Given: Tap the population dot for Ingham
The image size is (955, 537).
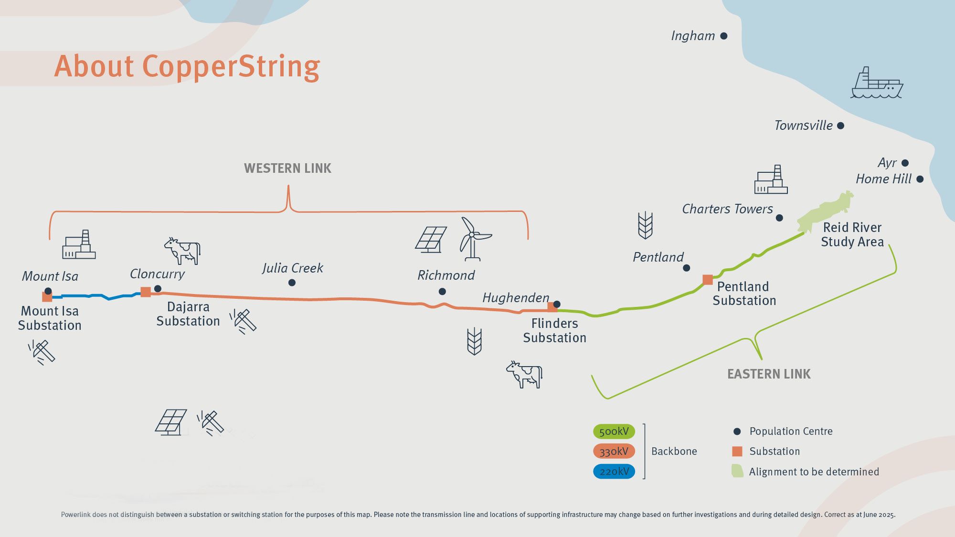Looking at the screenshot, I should pyautogui.click(x=723, y=36).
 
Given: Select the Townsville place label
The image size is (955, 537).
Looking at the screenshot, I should pyautogui.click(x=803, y=126).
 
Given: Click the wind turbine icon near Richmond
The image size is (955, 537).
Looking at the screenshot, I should pyautogui.click(x=473, y=239).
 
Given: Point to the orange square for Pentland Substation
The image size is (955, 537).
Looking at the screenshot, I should pyautogui.click(x=708, y=280).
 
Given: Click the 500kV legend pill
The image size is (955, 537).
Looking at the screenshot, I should pyautogui.click(x=614, y=432).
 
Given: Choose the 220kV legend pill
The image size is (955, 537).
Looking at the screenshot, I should pyautogui.click(x=614, y=472).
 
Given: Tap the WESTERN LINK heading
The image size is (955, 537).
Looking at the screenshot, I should pyautogui.click(x=287, y=168).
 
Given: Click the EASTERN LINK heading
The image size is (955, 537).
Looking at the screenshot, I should pyautogui.click(x=769, y=374).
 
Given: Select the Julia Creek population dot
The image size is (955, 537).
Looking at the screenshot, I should pyautogui.click(x=292, y=283).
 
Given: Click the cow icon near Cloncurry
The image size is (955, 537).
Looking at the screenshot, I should pyautogui.click(x=183, y=251).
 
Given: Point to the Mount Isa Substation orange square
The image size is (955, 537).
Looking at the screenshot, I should pyautogui.click(x=47, y=297).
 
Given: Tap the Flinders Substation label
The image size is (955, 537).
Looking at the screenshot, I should pyautogui.click(x=554, y=330).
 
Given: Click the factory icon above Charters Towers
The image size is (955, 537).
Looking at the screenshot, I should pyautogui.click(x=771, y=180).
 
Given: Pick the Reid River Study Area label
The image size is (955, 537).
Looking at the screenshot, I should pyautogui.click(x=852, y=234).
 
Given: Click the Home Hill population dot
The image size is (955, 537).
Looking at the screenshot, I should pyautogui.click(x=920, y=179).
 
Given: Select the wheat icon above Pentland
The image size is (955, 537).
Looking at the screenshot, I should pyautogui.click(x=645, y=225).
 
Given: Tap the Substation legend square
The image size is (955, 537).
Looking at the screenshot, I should pyautogui.click(x=737, y=452).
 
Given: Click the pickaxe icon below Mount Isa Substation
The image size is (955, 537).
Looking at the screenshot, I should pyautogui.click(x=42, y=352).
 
